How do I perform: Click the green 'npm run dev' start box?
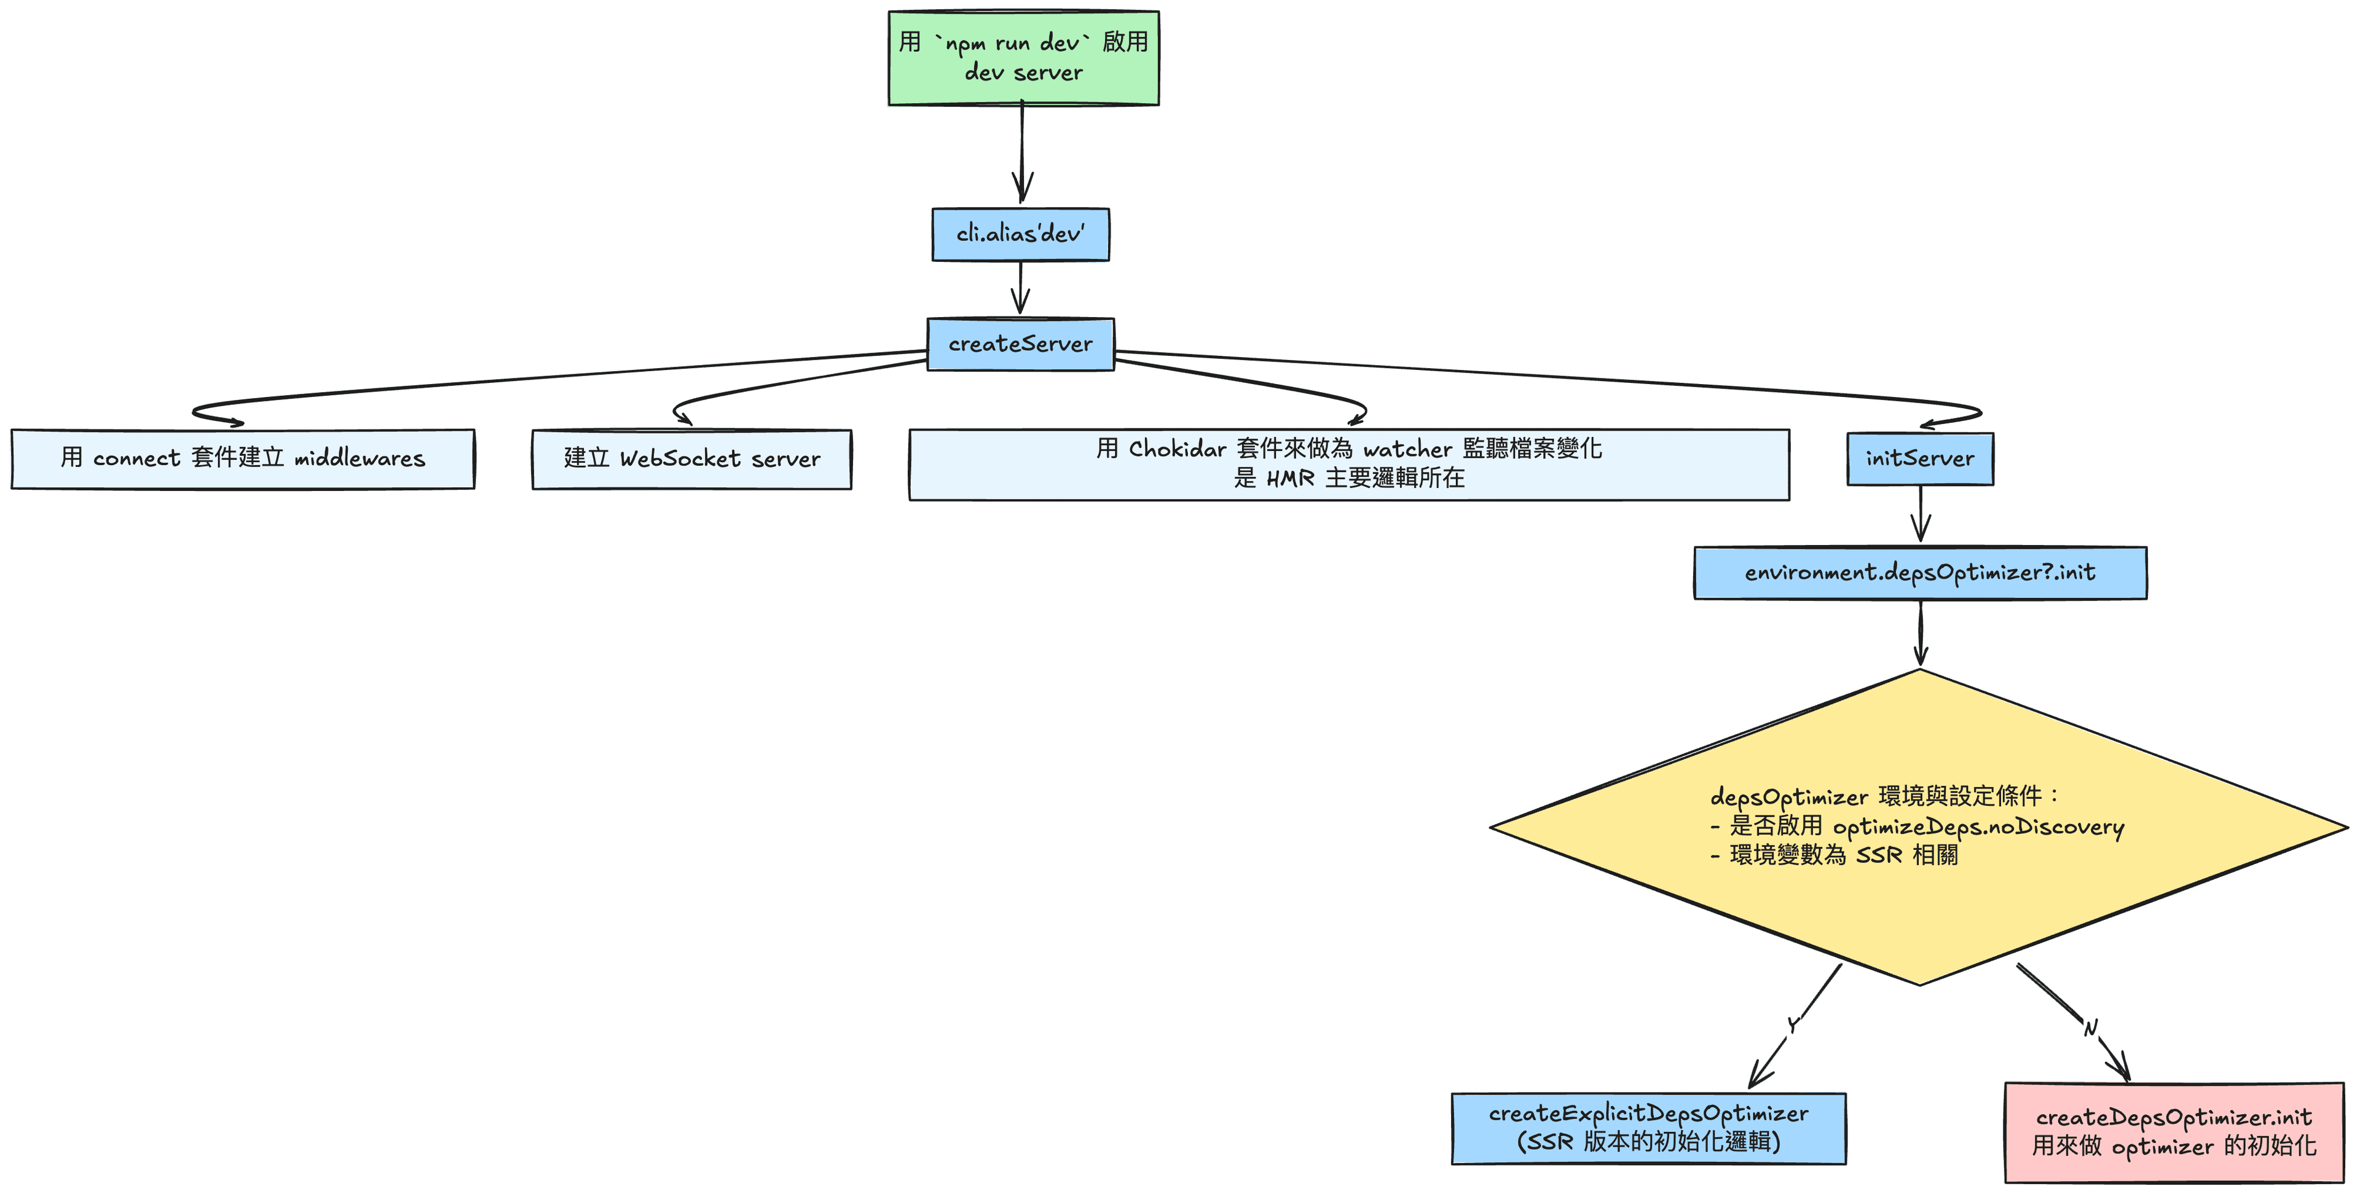click(x=1023, y=58)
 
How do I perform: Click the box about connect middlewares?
click(x=243, y=458)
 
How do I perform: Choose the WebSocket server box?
click(x=691, y=459)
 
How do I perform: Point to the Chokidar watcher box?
click(x=1348, y=464)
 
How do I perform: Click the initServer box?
click(x=1919, y=458)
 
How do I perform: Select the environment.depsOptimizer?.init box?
click(x=1919, y=573)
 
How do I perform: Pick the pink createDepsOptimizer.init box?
click(x=2173, y=1132)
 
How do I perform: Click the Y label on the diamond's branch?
click(x=1793, y=1024)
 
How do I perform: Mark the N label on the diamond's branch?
click(x=2091, y=1028)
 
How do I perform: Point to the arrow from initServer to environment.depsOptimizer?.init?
click(x=1920, y=515)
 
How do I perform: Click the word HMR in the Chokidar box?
click(x=1290, y=478)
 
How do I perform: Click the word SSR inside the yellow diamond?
click(x=1879, y=855)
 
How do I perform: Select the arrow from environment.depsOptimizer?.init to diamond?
click(x=1920, y=632)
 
